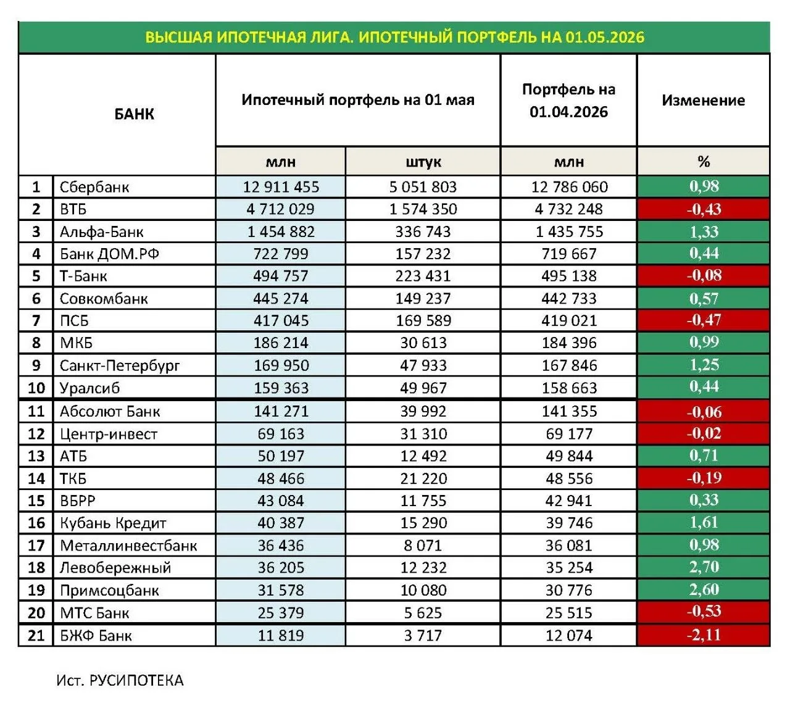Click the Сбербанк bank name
(94, 187)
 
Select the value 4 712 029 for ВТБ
(280, 209)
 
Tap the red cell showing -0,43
(704, 209)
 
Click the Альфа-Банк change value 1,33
(704, 232)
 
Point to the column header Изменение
(703, 101)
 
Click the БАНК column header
(134, 114)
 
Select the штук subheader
(423, 162)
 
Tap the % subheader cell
(704, 162)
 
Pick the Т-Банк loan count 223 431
(423, 276)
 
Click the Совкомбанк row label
(104, 299)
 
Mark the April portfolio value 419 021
(569, 321)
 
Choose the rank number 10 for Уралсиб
(36, 388)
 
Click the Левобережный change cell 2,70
(704, 567)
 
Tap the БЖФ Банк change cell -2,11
(704, 635)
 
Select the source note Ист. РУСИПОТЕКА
(120, 680)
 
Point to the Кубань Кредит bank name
(113, 523)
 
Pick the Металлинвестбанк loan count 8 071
(423, 546)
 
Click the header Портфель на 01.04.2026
(568, 101)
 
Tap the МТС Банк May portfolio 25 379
(280, 613)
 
